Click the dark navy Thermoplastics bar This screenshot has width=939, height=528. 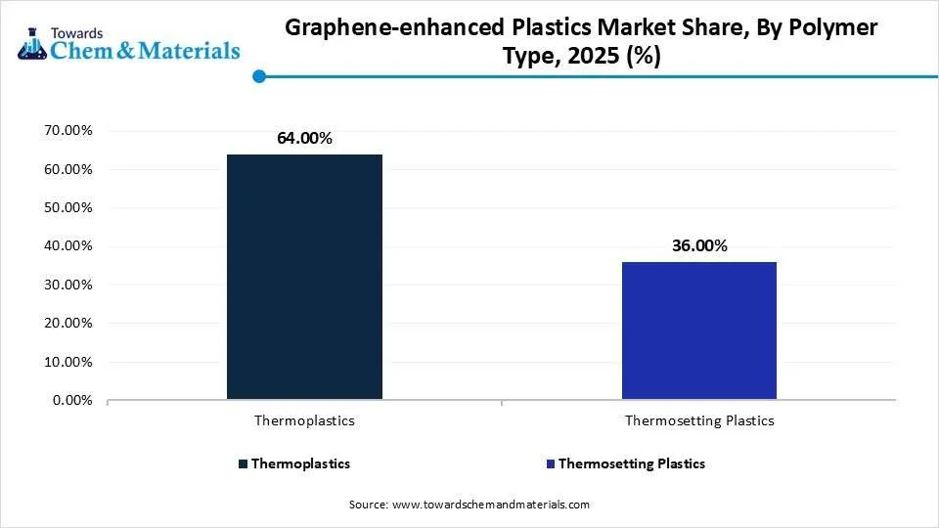pos(304,277)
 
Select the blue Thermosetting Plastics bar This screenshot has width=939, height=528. pos(698,330)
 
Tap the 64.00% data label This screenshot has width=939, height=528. pos(304,139)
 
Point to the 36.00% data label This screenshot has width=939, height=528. pos(698,246)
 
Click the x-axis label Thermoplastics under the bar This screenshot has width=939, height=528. pos(304,420)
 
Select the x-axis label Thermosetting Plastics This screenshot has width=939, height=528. pos(698,420)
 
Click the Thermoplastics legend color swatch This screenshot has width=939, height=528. pos(242,463)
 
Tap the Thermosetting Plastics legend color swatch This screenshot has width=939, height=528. pos(550,463)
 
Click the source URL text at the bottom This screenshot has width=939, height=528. pos(469,505)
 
